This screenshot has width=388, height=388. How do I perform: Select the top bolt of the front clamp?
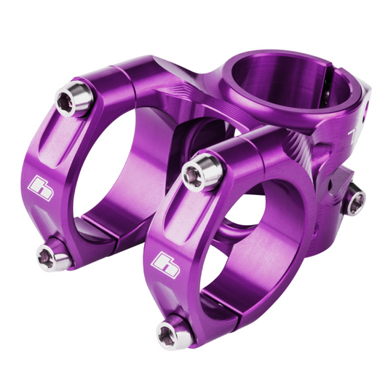coord(193,173)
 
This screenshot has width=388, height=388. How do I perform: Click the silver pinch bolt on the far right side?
coord(354,199)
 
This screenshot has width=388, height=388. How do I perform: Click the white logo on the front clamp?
coord(166,259)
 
